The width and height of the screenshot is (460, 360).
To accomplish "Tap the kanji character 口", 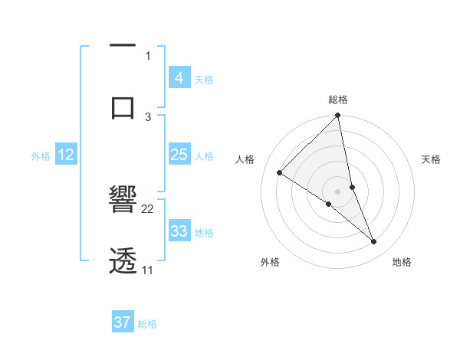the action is coord(123,106).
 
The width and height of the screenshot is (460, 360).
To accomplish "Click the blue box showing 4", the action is coord(179,77).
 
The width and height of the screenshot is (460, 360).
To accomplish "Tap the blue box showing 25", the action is coord(179,155).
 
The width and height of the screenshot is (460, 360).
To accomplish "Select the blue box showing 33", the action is coord(179,231).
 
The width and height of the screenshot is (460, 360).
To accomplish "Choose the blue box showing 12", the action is coord(65,155).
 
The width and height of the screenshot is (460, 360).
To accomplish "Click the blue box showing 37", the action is coord(122,322).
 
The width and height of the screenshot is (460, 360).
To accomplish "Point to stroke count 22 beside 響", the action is coord(148,208).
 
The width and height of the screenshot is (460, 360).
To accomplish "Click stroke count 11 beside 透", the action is coord(148,270).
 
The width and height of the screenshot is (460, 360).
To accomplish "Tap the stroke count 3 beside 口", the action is coord(148,116).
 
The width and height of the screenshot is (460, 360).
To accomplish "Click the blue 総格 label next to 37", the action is coord(147,324).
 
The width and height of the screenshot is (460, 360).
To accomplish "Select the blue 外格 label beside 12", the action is coord(41,156).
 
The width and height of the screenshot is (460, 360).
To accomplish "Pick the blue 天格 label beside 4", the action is coord(204,79).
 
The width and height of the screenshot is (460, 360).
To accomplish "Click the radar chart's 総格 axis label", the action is coord(338,100).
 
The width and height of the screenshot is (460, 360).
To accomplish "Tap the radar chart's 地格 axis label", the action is coord(402,262).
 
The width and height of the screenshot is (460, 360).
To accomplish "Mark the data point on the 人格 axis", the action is coord(280,172).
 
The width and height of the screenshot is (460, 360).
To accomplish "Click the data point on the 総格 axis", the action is coord(338,116).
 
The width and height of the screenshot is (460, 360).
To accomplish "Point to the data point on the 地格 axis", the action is coord(374,242).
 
